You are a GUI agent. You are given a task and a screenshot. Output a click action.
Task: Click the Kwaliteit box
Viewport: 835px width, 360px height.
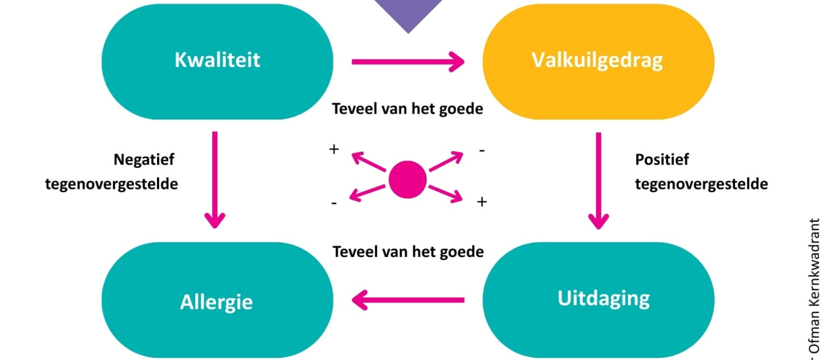(217, 61)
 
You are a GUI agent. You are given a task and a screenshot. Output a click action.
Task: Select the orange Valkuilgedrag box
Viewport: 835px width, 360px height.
(597, 61)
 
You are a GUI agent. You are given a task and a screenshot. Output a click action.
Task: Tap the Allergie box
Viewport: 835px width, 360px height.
(217, 301)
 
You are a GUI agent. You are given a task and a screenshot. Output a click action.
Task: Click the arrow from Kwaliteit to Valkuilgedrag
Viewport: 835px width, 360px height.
(407, 62)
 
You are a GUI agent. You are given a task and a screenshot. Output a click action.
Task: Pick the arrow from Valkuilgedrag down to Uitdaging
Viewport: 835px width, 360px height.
(597, 180)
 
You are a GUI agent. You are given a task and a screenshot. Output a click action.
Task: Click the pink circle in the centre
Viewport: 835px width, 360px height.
(407, 180)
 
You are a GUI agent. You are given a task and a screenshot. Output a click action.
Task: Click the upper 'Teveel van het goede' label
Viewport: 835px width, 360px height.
(407, 109)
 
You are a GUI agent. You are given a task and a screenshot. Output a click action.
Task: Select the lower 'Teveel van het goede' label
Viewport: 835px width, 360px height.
(407, 253)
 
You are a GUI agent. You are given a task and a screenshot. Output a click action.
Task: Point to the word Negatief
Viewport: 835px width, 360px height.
(144, 159)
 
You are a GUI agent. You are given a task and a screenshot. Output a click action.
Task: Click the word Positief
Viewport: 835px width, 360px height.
(662, 159)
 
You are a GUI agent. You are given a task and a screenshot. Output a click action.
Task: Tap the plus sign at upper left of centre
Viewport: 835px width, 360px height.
(333, 149)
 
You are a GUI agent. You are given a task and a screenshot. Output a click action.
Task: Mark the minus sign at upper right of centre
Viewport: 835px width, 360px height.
(482, 150)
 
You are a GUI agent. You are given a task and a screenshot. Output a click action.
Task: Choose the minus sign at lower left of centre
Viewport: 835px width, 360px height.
(333, 203)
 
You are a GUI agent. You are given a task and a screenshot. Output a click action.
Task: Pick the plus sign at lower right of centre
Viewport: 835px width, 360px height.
(482, 202)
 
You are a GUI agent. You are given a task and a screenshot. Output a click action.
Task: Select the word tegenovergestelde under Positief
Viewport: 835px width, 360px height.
(701, 184)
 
